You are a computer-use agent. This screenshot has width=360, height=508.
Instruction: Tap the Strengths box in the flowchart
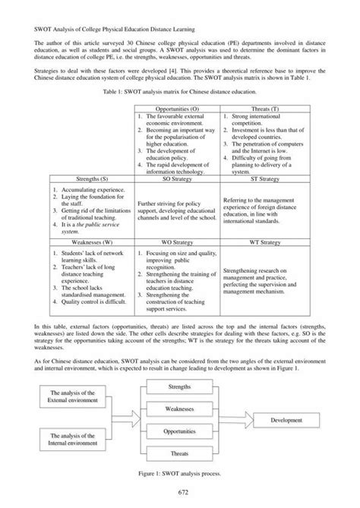(179, 388)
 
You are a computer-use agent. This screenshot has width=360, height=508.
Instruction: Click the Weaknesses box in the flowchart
(179, 409)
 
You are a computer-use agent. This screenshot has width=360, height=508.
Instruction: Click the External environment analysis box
(68, 396)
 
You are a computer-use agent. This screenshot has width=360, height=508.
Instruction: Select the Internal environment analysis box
(68, 439)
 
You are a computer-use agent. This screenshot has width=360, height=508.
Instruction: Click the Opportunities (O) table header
(177, 110)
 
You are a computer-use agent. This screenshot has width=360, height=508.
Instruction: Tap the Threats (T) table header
(258, 110)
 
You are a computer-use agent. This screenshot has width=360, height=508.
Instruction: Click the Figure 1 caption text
(180, 473)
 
